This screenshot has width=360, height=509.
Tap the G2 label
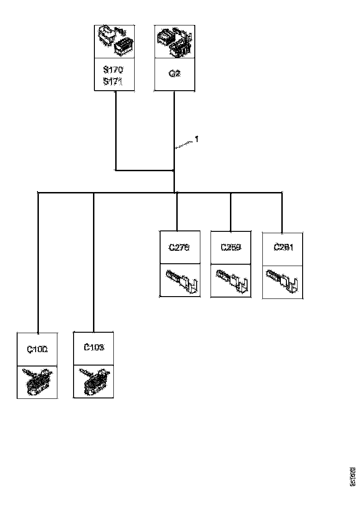pos(174,74)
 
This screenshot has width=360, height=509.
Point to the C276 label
pos(179,248)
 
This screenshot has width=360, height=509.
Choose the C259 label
pos(230,248)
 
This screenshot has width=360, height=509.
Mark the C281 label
pos(283,248)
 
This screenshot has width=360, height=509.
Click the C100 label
pos(37,350)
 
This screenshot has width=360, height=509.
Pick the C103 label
pos(94,348)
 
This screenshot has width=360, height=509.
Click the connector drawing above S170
pos(114,42)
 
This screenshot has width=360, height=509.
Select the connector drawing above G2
pos(174,42)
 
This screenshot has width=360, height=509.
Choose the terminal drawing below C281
pos(283,281)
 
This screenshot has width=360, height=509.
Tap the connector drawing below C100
pos(37,382)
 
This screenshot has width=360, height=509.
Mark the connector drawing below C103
pos(94,382)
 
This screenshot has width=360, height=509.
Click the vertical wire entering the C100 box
pos(37,264)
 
